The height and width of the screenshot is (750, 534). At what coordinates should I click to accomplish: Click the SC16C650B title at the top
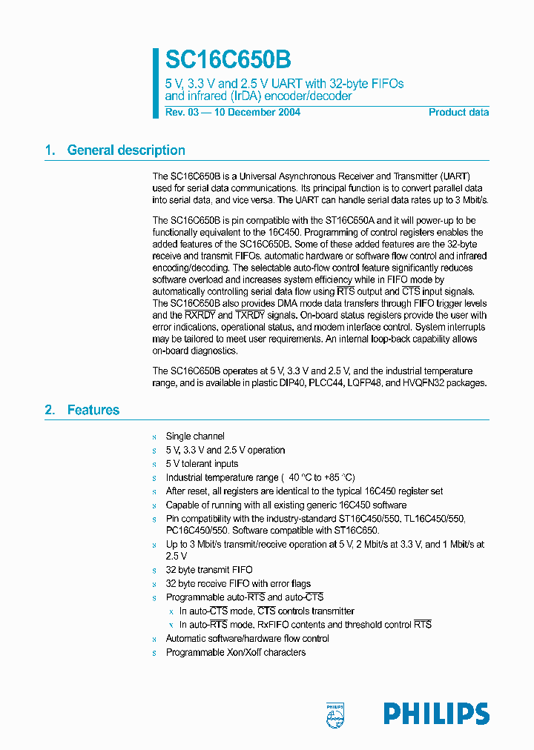pos(228,60)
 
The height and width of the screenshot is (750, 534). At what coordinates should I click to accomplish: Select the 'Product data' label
pos(458,113)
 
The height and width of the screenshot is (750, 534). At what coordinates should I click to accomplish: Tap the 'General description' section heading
pos(126,150)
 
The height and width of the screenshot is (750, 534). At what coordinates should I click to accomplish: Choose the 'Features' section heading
pos(93,410)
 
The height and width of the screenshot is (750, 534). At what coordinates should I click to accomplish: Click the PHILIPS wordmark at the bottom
pos(436,714)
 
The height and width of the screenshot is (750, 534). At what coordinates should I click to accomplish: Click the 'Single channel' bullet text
pos(195,437)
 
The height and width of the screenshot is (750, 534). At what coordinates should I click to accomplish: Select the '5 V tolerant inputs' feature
pos(202,463)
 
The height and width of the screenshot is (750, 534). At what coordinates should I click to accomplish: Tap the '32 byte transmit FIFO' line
pos(209,570)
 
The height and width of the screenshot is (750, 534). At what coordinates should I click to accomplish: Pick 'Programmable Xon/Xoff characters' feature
pos(235,652)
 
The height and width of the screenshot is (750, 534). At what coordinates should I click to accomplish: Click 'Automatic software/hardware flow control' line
pos(247,638)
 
